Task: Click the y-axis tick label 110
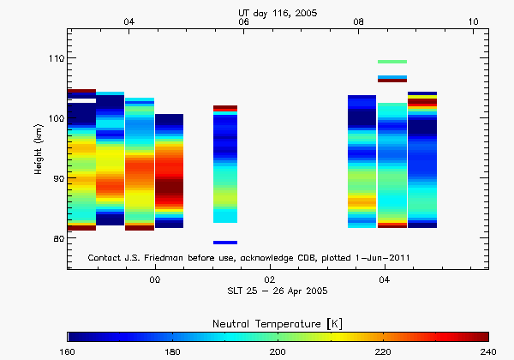tap(55, 57)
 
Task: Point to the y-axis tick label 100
tap(55, 117)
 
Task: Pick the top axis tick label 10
tap(473, 21)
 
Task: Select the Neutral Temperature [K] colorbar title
tap(278, 321)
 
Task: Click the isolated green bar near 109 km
tap(391, 62)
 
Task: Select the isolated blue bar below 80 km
tap(225, 243)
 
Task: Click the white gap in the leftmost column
tap(81, 101)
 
